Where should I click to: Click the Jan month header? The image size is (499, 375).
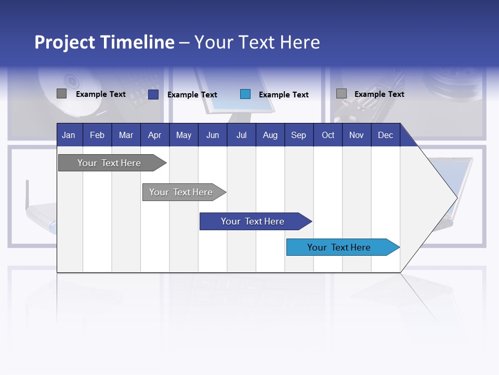click(69, 135)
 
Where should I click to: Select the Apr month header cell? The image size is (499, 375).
click(154, 135)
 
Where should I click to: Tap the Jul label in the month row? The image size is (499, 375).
click(241, 135)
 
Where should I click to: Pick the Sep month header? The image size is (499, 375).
click(298, 135)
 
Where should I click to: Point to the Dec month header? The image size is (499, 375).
click(385, 135)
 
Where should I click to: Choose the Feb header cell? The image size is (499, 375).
click(97, 135)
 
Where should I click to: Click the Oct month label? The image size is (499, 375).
click(328, 135)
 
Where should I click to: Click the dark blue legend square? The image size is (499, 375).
click(153, 94)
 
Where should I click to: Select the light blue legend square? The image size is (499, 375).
click(245, 94)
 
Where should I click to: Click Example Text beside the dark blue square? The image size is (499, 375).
click(192, 95)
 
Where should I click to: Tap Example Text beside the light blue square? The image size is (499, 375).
click(284, 95)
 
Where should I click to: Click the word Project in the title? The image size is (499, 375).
click(65, 42)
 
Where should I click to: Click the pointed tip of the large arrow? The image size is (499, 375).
click(456, 197)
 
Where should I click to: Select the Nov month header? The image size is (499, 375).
click(357, 135)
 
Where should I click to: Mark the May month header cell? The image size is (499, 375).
click(183, 135)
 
